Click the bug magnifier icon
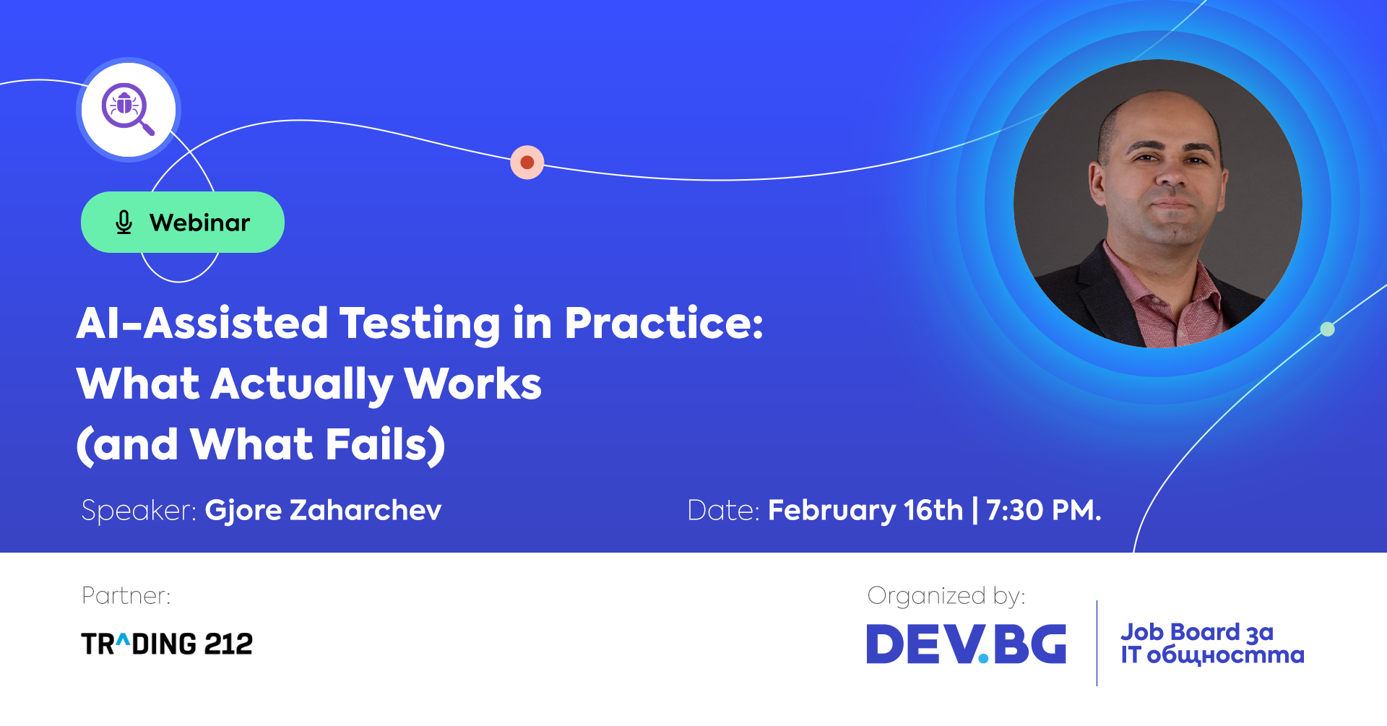[x=128, y=109]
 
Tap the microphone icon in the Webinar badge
[x=124, y=222]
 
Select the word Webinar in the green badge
[x=199, y=222]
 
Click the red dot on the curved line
[x=527, y=163]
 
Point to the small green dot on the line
[x=1327, y=329]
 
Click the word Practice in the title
[x=663, y=323]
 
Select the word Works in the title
[x=472, y=384]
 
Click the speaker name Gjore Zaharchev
[x=323, y=511]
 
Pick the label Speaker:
[x=139, y=511]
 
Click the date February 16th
[x=865, y=511]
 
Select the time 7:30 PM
[x=1044, y=511]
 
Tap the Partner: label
[x=126, y=596]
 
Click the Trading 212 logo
[x=167, y=644]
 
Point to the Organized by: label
[x=946, y=596]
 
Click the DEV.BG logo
[x=967, y=644]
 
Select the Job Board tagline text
[x=1212, y=643]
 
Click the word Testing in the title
[x=420, y=323]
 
